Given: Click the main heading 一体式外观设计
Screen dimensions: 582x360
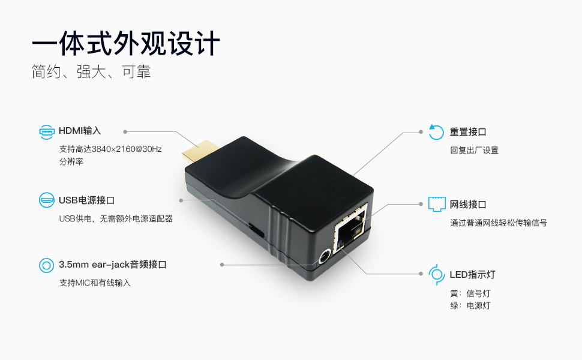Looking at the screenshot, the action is [x=126, y=44].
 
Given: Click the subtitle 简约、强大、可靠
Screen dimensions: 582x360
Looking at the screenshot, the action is [x=91, y=71].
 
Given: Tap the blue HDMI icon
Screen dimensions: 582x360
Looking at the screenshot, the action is [x=47, y=132].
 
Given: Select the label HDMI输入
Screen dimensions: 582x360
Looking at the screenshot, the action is [x=80, y=131].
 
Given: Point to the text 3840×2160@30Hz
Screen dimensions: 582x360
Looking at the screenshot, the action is [x=127, y=149].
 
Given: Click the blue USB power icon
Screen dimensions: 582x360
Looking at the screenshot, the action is [x=47, y=200].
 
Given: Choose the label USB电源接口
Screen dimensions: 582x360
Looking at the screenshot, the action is [x=86, y=200].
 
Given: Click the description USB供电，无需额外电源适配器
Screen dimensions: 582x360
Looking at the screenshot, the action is [x=116, y=218].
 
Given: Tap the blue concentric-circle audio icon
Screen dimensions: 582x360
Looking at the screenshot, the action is [x=47, y=265].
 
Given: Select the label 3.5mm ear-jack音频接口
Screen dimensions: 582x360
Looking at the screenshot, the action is [x=112, y=265].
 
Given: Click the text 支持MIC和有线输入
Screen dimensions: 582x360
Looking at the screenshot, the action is [x=95, y=283].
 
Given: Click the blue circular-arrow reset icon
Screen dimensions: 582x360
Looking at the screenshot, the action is [x=436, y=132].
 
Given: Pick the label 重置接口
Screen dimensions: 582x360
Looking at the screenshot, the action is [x=468, y=132].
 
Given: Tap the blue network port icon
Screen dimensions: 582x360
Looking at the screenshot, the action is [x=437, y=204].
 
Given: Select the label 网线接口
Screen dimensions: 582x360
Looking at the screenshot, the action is [x=468, y=205].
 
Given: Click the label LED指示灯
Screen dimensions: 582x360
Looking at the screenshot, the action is [x=473, y=275].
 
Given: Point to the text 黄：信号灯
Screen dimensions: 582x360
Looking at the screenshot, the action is [x=470, y=293].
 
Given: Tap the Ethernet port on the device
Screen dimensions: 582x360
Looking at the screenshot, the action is [x=351, y=228].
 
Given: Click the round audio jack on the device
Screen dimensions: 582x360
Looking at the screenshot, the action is [x=325, y=256].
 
